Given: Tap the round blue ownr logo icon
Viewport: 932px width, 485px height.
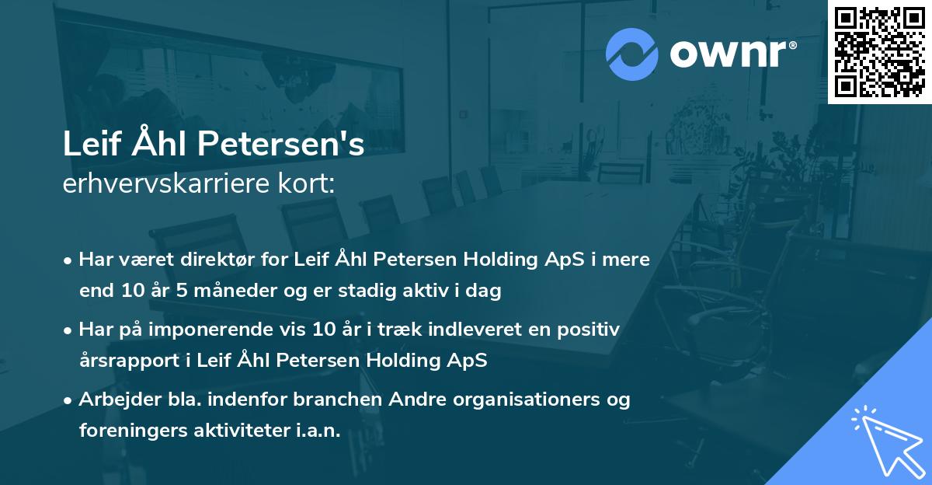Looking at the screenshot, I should click(x=631, y=54).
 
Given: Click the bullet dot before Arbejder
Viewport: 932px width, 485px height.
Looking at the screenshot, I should click(x=69, y=400).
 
